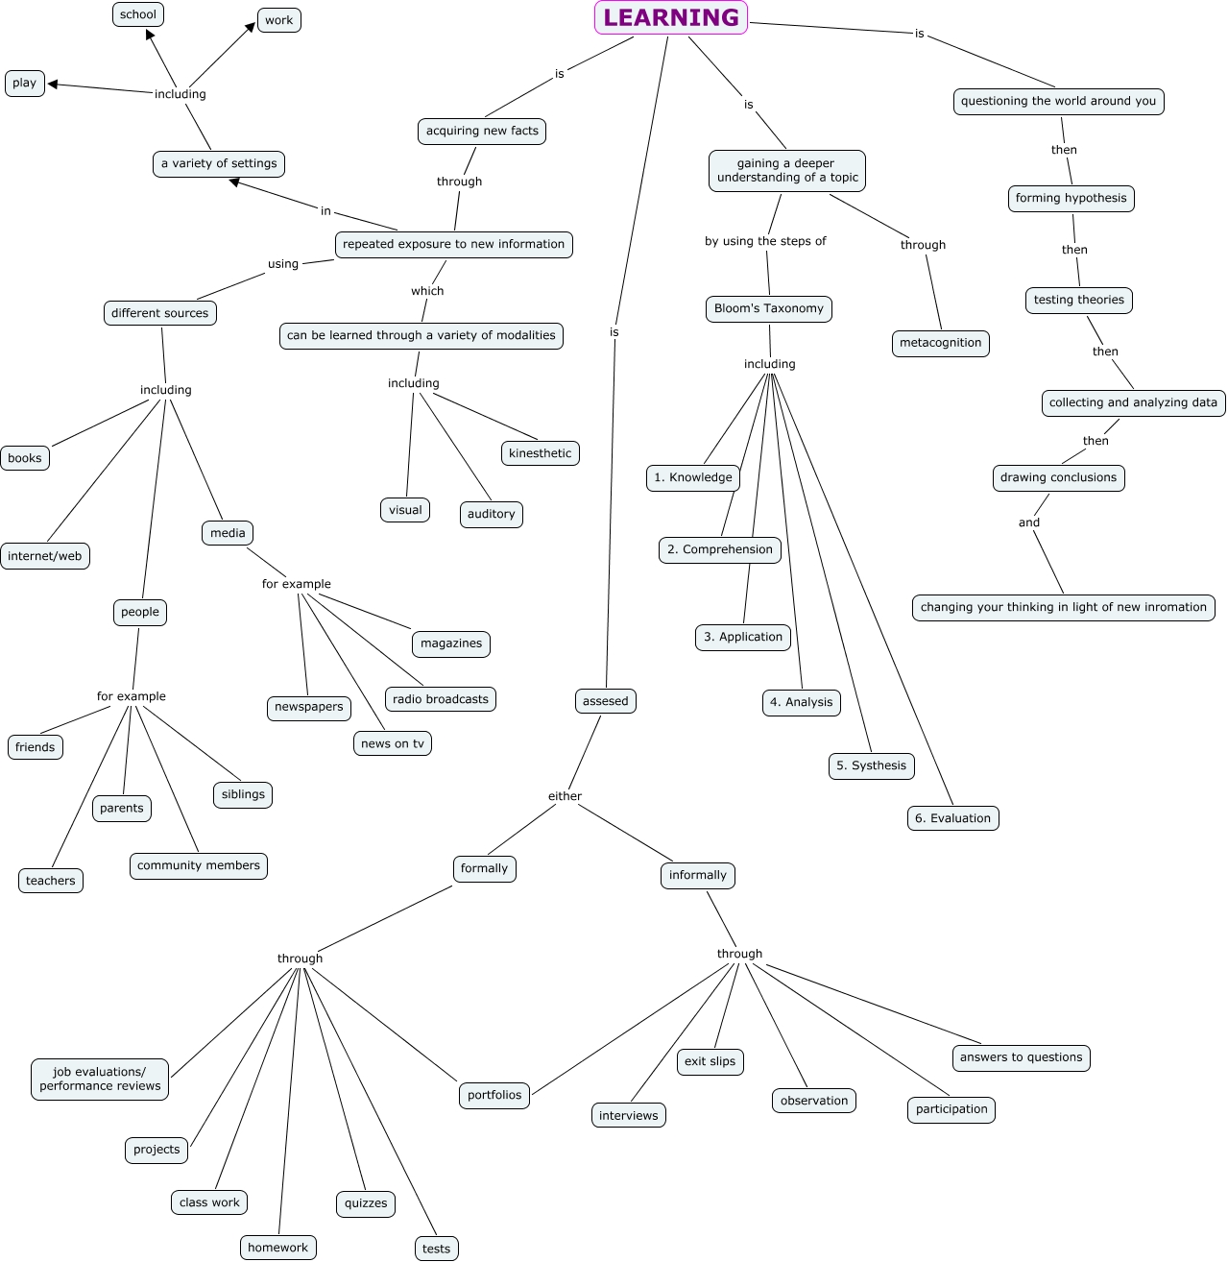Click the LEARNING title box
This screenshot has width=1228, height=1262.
(670, 18)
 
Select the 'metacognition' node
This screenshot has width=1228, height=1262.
(940, 343)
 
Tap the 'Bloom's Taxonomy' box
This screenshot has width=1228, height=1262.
(768, 308)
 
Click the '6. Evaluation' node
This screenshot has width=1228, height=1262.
(952, 818)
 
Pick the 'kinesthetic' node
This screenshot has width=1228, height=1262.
(540, 453)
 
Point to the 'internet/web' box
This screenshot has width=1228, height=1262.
(45, 556)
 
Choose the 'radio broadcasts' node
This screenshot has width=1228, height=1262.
(441, 699)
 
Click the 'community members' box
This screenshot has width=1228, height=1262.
(198, 865)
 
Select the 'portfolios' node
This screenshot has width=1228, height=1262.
(494, 1095)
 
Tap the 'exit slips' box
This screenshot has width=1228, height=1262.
(710, 1061)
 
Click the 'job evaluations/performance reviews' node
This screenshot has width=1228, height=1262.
(100, 1080)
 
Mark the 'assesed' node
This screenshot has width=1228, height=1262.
(605, 701)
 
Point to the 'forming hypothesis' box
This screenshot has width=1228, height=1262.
(1071, 199)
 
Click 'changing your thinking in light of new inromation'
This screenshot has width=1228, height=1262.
(1063, 607)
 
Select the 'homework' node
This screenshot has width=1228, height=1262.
(277, 1248)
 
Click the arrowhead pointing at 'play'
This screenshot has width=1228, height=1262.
(54, 85)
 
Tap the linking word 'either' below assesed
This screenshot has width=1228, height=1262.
(565, 796)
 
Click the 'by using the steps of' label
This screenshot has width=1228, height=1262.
(765, 241)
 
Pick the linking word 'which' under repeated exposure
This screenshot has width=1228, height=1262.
(427, 291)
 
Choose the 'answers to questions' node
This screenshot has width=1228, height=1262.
(1021, 1057)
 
